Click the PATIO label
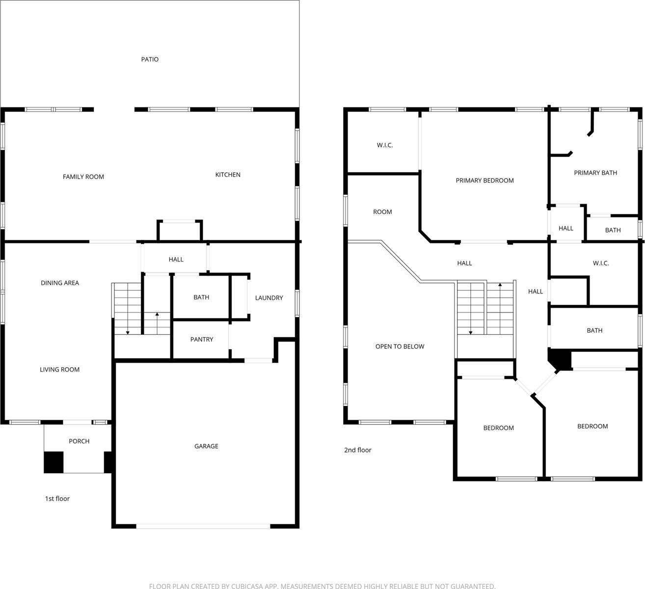point(150,59)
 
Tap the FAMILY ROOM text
point(83,177)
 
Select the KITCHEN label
point(228,175)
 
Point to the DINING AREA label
point(60,283)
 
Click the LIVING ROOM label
point(59,370)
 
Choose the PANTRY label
point(201,340)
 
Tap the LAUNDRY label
point(269,298)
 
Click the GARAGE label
point(206,446)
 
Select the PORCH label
point(79,441)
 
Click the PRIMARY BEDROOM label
point(484,181)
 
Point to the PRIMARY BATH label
point(595,173)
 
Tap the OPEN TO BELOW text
point(400,347)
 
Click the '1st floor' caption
point(57,499)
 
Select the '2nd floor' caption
point(357,450)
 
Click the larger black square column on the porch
point(54,462)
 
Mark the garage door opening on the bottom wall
point(203,526)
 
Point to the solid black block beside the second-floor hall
point(561,359)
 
